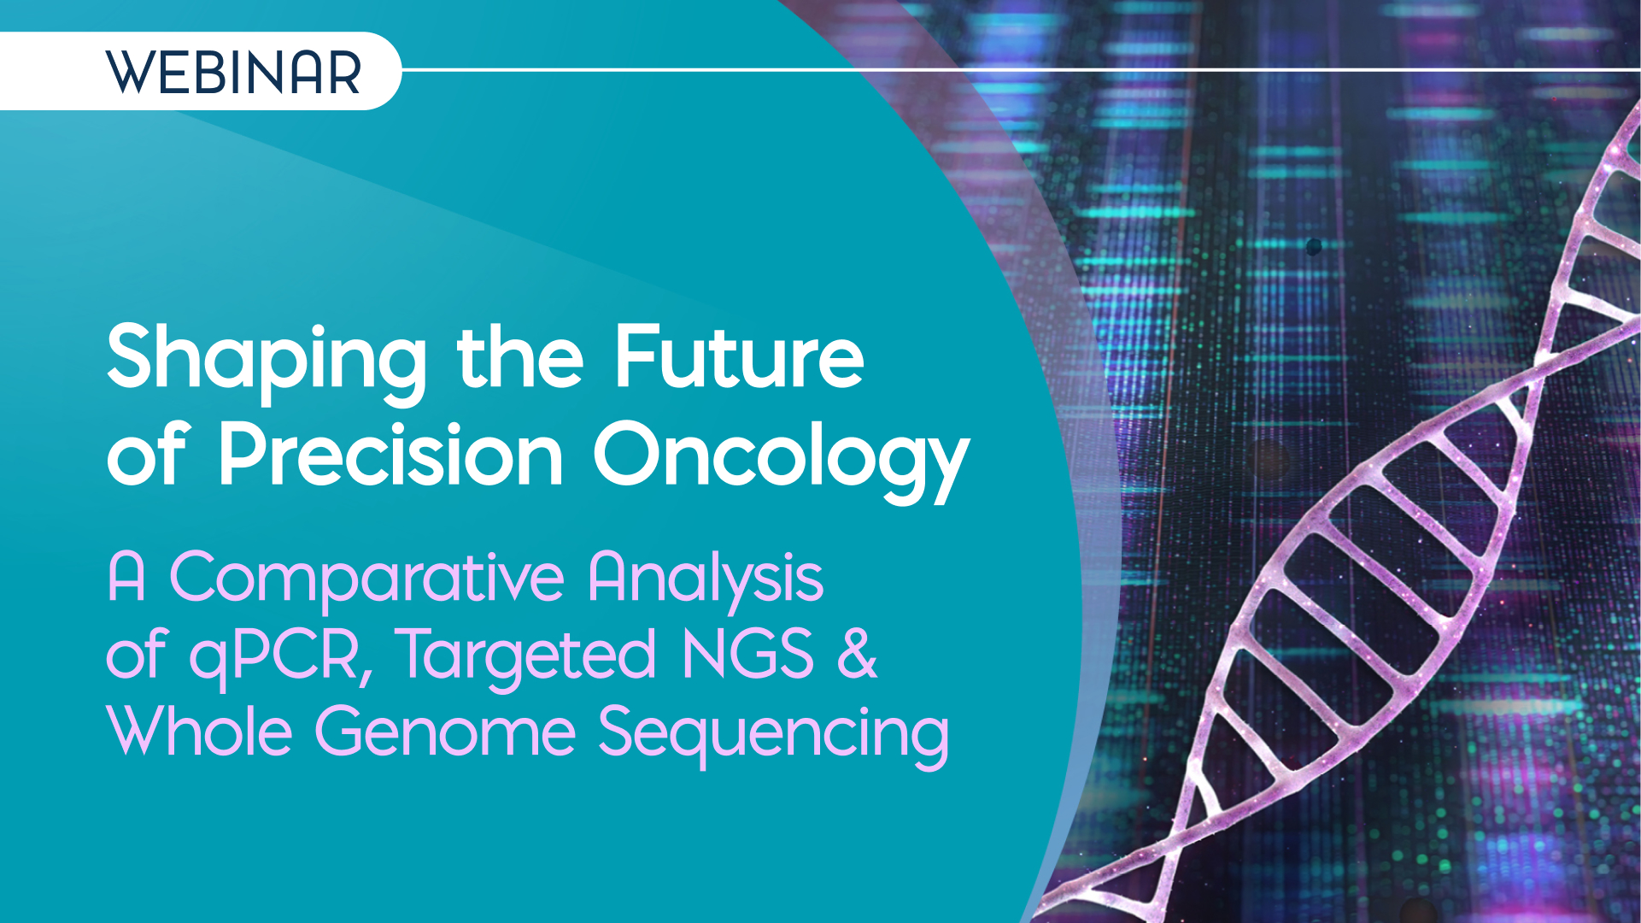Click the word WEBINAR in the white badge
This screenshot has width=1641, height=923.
[233, 73]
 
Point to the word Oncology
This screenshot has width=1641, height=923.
[781, 460]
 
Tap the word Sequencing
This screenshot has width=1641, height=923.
[773, 737]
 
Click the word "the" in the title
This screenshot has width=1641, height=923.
[520, 356]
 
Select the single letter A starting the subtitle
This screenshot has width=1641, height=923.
[126, 577]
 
